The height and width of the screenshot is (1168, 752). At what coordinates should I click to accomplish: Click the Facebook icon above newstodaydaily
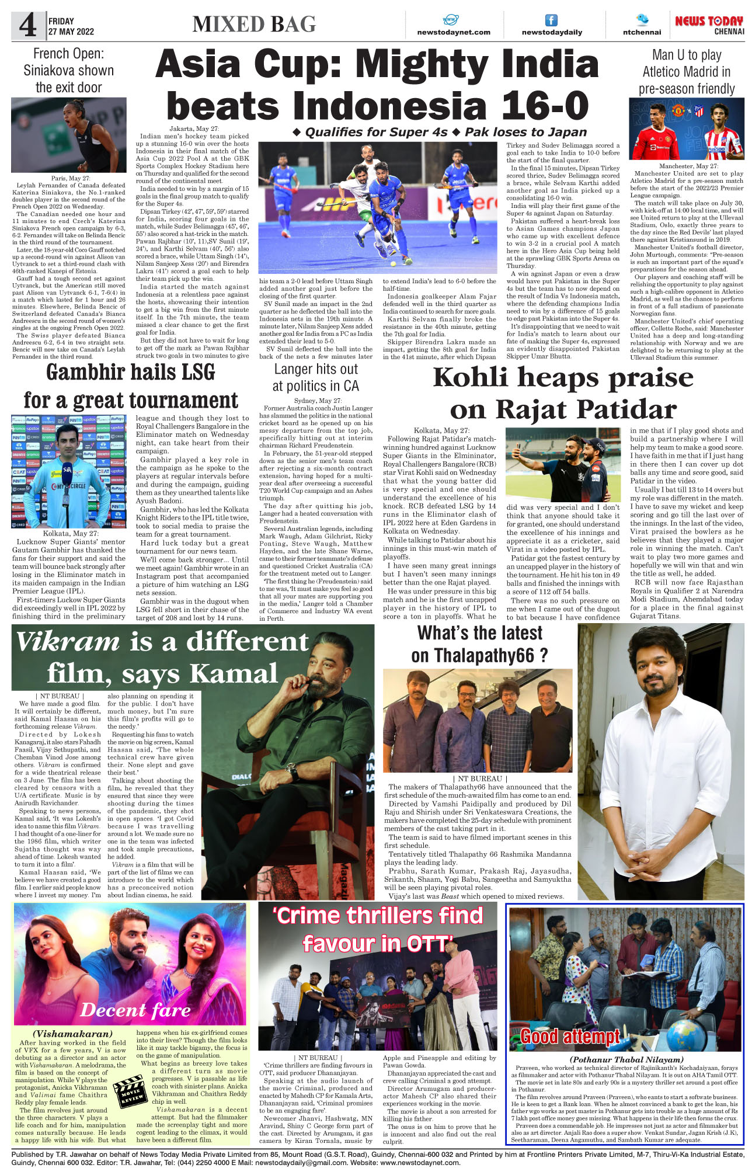click(x=551, y=20)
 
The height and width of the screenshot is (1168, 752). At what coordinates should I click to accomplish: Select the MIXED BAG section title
click(x=254, y=25)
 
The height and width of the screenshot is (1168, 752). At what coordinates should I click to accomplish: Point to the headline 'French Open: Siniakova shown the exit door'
click(x=68, y=71)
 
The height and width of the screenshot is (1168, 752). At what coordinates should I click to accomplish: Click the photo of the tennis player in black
click(x=69, y=135)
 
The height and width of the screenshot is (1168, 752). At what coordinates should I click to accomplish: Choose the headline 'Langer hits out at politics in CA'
click(x=316, y=377)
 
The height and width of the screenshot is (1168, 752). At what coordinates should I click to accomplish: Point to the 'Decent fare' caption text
click(x=135, y=1010)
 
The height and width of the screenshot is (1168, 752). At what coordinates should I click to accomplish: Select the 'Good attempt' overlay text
click(x=570, y=1036)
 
